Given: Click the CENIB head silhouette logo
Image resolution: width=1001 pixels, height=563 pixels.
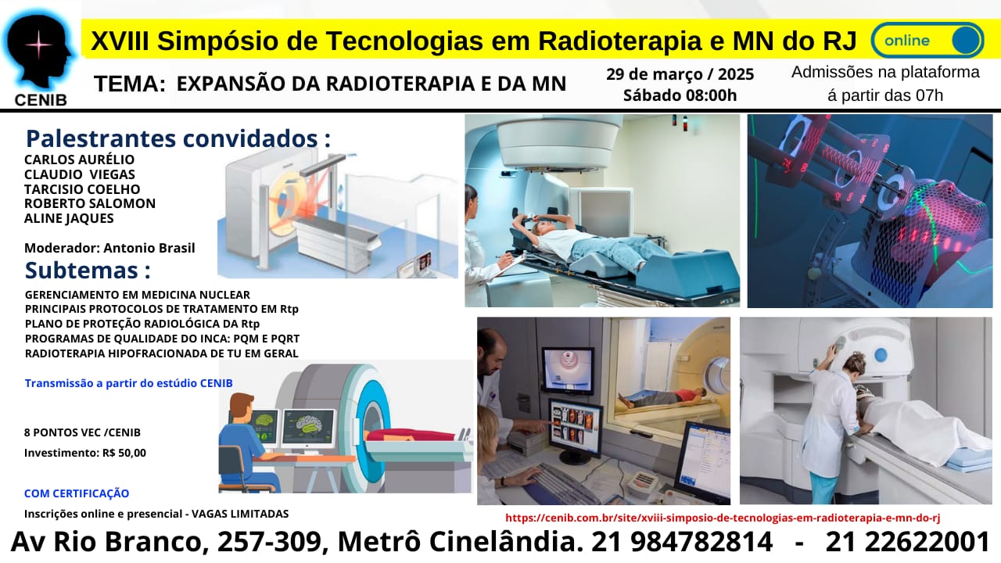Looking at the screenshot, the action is [x=39, y=50].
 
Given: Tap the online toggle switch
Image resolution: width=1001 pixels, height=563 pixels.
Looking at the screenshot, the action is [x=927, y=40].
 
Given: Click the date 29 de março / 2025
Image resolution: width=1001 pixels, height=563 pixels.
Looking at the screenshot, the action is [x=680, y=74].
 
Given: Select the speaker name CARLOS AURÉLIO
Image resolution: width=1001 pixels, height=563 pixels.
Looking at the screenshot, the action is [x=79, y=160].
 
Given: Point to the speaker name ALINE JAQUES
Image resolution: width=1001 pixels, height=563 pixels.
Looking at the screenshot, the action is [x=69, y=218].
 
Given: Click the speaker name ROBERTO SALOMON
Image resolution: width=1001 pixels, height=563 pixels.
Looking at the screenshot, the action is [x=90, y=203].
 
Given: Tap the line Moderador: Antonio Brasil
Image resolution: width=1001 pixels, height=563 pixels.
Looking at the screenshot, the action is [x=109, y=248].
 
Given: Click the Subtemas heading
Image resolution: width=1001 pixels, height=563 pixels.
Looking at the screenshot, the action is [x=88, y=271].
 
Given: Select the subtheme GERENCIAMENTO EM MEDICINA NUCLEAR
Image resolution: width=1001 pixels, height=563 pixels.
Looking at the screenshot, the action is [x=137, y=295].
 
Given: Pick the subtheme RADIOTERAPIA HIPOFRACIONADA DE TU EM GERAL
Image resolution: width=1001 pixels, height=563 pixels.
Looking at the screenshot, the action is [x=161, y=353].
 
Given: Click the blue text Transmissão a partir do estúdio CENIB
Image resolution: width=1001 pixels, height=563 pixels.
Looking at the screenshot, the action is [x=129, y=383].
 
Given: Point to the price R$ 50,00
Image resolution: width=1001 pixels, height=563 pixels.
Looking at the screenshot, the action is [x=124, y=453].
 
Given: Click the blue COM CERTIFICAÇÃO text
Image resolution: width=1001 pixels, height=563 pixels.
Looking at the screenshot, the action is [x=77, y=493].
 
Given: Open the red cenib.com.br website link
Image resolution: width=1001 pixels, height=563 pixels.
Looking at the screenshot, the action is [x=723, y=518].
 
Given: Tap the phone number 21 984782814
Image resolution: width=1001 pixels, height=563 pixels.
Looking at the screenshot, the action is [x=682, y=542].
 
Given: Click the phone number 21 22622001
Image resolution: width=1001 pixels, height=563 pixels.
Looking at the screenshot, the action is [x=907, y=542].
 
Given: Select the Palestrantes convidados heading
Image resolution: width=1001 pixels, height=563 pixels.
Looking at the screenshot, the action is [x=178, y=138].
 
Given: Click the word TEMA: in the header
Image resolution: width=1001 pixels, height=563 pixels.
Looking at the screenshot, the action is [x=130, y=84].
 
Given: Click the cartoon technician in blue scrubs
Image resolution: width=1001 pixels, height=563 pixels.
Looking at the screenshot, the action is [x=246, y=443].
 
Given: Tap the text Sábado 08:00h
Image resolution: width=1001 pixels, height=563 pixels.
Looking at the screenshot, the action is [x=680, y=95].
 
